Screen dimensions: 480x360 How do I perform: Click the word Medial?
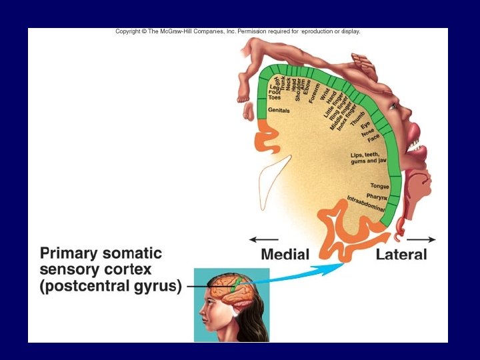(285, 254)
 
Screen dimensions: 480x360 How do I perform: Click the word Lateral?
(401, 254)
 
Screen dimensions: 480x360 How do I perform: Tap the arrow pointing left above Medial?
(263, 239)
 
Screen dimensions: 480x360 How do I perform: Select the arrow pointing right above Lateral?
(422, 239)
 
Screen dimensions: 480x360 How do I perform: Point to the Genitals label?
(279, 110)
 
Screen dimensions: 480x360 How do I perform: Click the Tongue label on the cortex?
(379, 187)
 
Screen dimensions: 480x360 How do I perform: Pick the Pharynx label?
(377, 196)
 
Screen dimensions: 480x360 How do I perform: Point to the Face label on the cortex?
(373, 138)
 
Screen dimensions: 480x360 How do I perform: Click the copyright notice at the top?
(238, 31)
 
